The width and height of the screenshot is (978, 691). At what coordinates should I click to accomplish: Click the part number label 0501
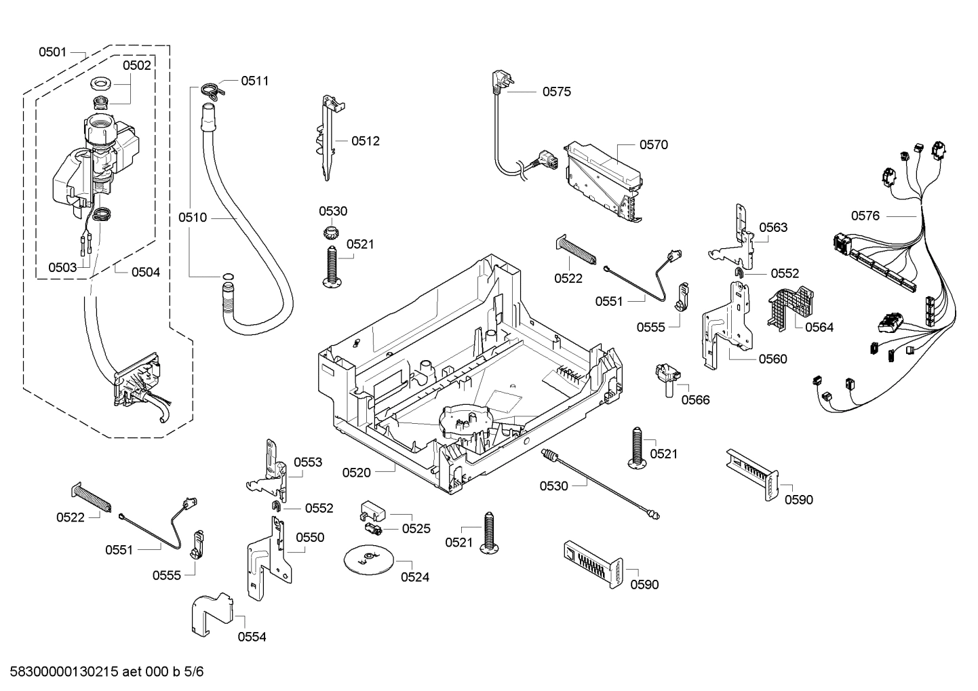point(52,52)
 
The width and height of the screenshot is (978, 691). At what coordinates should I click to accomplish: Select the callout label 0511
point(255,81)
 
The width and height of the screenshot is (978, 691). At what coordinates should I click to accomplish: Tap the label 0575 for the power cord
point(556,92)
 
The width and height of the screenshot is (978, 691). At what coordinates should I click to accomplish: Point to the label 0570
point(653,144)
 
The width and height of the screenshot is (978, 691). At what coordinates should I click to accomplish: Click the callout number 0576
point(865,216)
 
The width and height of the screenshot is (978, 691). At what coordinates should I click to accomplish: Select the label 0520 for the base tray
point(356,473)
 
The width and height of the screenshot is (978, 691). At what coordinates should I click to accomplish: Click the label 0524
point(414,577)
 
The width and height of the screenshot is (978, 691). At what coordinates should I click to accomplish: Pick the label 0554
point(252,637)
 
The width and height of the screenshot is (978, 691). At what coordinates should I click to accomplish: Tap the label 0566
point(695,400)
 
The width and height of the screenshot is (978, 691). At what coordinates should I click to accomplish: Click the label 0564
point(819,327)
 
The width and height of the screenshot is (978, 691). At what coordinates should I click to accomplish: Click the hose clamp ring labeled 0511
point(211,90)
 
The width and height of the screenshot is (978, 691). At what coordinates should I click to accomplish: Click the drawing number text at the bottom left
point(102,672)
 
